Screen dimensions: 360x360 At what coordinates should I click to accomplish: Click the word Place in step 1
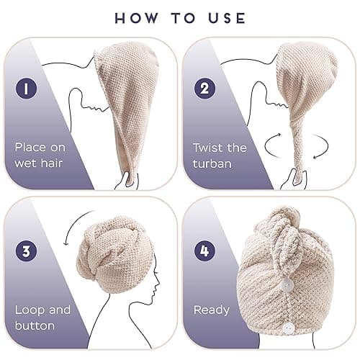(x=30, y=147)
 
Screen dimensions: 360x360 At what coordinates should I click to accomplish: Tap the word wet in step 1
(x=26, y=163)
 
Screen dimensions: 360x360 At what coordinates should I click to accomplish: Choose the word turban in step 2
(x=212, y=163)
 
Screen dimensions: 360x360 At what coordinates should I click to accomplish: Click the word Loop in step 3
(x=30, y=310)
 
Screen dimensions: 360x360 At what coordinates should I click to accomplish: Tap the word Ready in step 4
(x=211, y=310)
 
